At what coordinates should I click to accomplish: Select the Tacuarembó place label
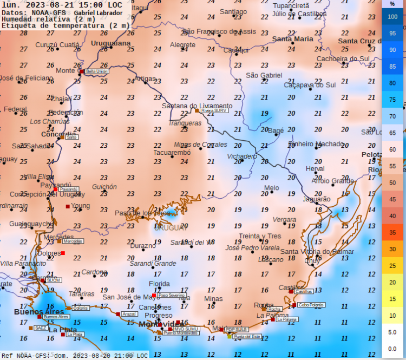point(172,153)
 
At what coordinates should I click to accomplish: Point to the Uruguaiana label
point(111,43)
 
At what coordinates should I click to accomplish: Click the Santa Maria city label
point(292,39)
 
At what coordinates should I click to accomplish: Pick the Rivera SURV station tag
point(214,110)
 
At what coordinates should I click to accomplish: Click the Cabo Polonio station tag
point(311,305)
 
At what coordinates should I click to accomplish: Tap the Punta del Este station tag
point(247,336)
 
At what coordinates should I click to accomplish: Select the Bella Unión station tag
point(97,71)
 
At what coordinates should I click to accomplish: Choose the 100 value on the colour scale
point(392,17)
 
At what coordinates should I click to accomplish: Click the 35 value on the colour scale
point(392,232)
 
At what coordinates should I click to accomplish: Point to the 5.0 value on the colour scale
point(392,332)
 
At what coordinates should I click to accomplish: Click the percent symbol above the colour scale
point(392,4)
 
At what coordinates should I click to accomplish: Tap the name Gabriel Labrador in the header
point(98,12)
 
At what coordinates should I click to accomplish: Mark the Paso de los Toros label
point(142,213)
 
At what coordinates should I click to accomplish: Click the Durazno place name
point(143,246)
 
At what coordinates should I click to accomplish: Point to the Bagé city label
point(276,131)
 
